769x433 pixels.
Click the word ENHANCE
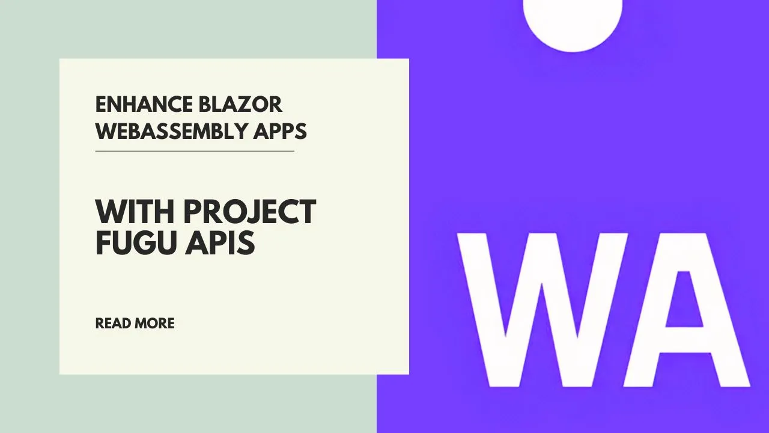pyautogui.click(x=144, y=105)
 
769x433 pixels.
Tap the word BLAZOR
pyautogui.click(x=240, y=105)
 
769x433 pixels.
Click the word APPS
pyautogui.click(x=280, y=131)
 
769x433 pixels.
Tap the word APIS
pyautogui.click(x=220, y=242)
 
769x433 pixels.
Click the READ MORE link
pyautogui.click(x=135, y=324)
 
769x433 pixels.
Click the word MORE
pyautogui.click(x=154, y=324)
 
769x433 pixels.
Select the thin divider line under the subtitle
pyautogui.click(x=195, y=151)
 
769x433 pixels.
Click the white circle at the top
pyautogui.click(x=573, y=20)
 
